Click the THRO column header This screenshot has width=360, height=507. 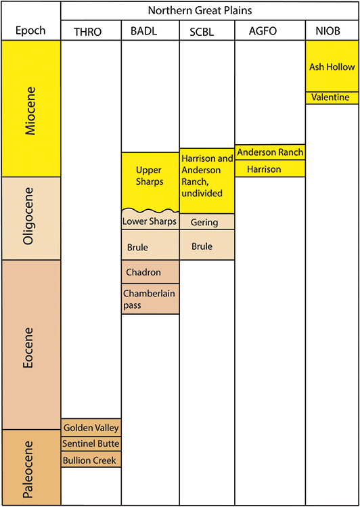pyautogui.click(x=91, y=31)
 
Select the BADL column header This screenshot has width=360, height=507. pyautogui.click(x=150, y=31)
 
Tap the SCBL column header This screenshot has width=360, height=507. pyautogui.click(x=206, y=31)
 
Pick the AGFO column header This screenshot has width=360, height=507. pyautogui.click(x=269, y=31)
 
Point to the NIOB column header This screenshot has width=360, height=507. pyautogui.click(x=331, y=31)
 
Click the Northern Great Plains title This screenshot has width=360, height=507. pyautogui.click(x=210, y=11)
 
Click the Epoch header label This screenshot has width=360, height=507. pyautogui.click(x=30, y=31)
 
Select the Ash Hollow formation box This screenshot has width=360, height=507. pyautogui.click(x=331, y=66)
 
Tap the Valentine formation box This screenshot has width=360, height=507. pyautogui.click(x=331, y=97)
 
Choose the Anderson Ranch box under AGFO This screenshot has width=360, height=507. pyautogui.click(x=269, y=152)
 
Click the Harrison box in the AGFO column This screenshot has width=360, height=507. pyautogui.click(x=269, y=169)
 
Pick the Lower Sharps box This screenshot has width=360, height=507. pyautogui.click(x=150, y=221)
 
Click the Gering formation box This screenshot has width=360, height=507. pyautogui.click(x=206, y=222)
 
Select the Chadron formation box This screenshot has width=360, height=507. pyautogui.click(x=150, y=272)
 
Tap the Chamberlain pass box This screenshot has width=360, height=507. pyautogui.click(x=150, y=299)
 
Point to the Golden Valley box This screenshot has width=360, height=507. pyautogui.click(x=91, y=428)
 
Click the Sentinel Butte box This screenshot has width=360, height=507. pyautogui.click(x=91, y=444)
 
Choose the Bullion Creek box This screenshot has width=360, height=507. pyautogui.click(x=91, y=460)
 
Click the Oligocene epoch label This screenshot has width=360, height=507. pyautogui.click(x=30, y=218)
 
